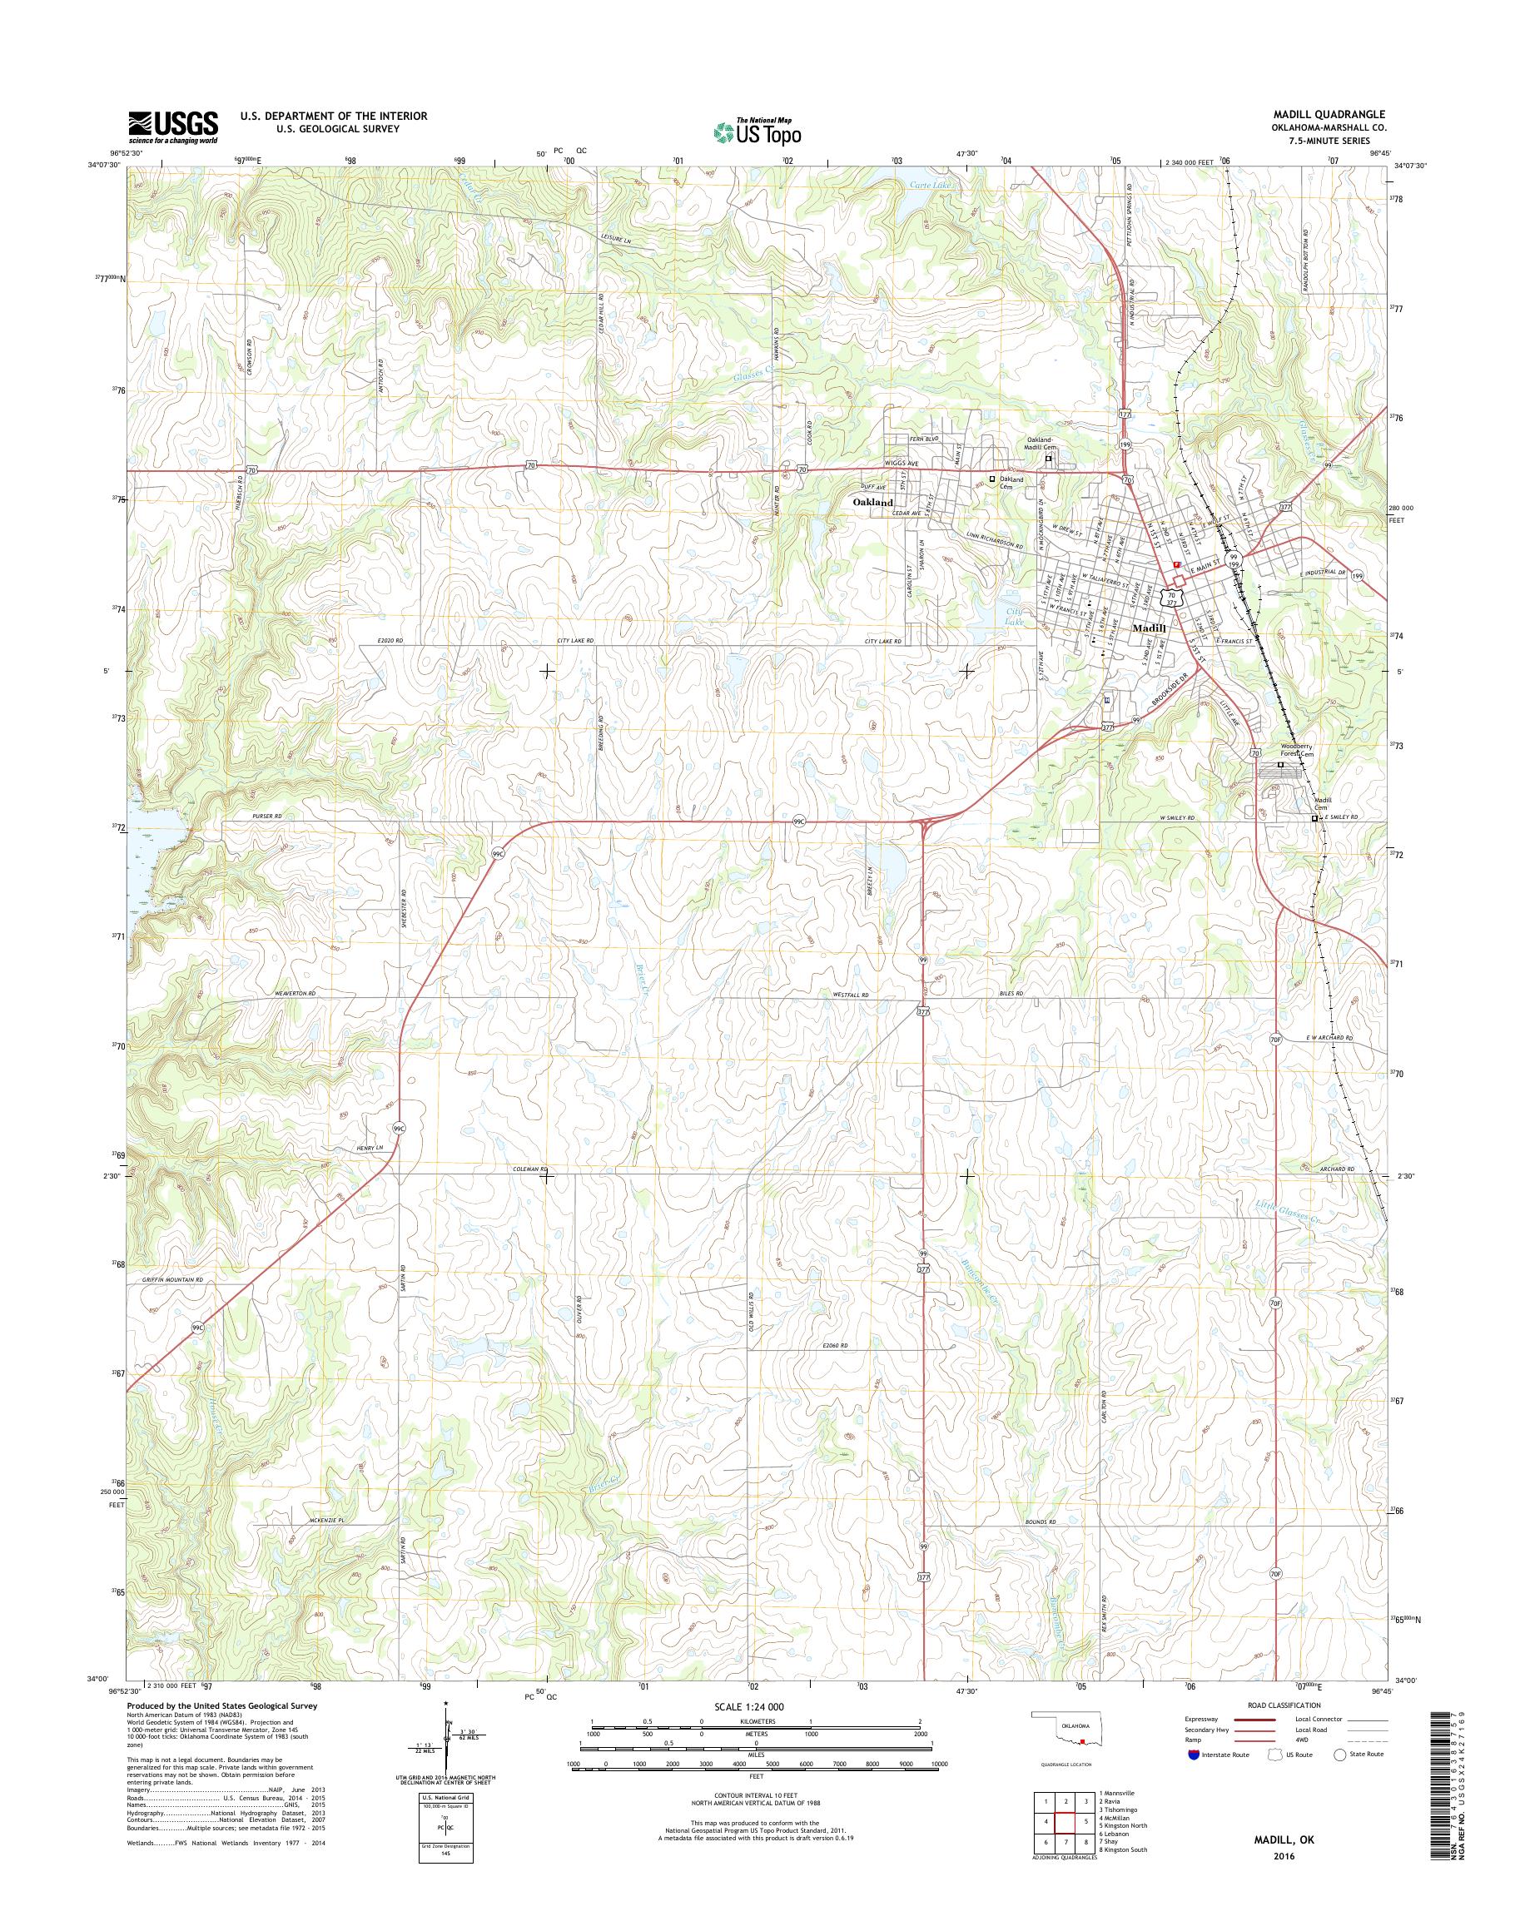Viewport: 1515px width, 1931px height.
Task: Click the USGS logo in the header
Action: tap(173, 127)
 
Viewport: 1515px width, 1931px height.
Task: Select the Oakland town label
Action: tap(873, 502)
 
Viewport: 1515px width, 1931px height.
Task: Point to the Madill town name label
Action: tap(1154, 628)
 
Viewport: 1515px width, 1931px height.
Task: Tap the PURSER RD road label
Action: tap(266, 815)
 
